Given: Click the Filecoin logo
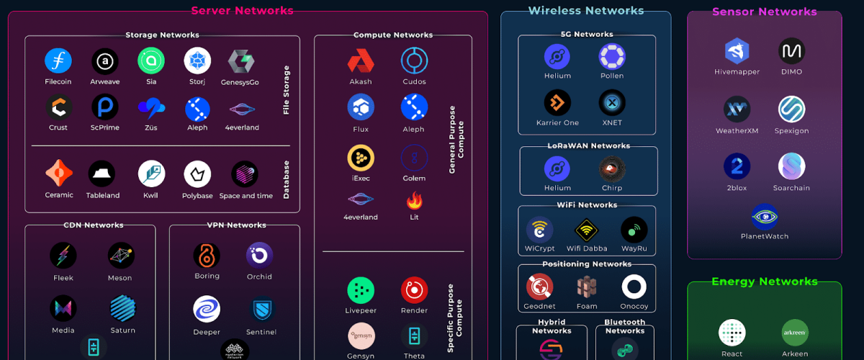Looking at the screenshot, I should pos(58,61).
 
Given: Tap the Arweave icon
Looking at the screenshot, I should pos(105,61).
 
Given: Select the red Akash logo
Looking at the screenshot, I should pos(361,61).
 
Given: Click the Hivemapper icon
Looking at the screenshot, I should pos(737,51).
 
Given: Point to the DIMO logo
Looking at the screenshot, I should pos(791,51).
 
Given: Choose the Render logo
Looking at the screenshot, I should pos(414,290).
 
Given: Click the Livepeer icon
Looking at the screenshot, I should pos(361,290).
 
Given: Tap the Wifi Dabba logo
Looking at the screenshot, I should pos(587,230).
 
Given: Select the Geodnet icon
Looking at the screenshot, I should pos(539,287).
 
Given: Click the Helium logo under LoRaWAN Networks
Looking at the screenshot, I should pos(557,169).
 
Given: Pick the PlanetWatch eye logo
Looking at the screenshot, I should pos(764,217).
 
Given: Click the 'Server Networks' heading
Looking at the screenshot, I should pos(242,11).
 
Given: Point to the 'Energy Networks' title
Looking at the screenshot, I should pos(764,282).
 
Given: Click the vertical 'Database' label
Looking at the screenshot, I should pos(286,179).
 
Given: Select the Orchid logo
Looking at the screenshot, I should pos(259,255).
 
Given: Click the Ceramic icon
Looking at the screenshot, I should pos(59,174).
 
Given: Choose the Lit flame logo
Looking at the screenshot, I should pos(414,199).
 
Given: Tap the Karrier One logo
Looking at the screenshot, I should pos(557,103).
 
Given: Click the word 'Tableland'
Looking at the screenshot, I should pos(102,195).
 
